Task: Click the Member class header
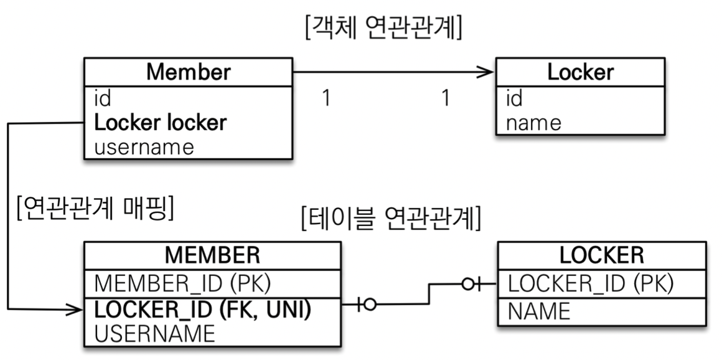[x=188, y=72]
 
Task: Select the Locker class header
[x=580, y=72]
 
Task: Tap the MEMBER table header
[x=212, y=255]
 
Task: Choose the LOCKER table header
[x=601, y=255]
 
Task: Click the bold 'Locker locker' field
[x=160, y=123]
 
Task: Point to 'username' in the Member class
[x=144, y=147]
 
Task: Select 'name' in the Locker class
[x=533, y=123]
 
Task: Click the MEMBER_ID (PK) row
[x=182, y=283]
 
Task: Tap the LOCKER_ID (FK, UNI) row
[x=202, y=309]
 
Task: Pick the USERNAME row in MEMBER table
[x=154, y=333]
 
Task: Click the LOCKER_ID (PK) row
[x=591, y=283]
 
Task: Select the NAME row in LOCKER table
[x=539, y=310]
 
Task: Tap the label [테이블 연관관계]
[x=390, y=218]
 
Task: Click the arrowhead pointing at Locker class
[x=485, y=72]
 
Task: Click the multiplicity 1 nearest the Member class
[x=326, y=98]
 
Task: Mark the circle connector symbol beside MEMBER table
[x=370, y=305]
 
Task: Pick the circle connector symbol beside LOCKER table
[x=468, y=285]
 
